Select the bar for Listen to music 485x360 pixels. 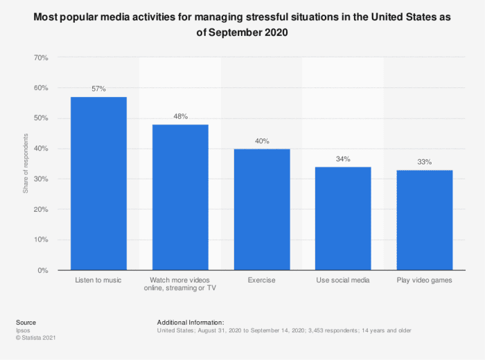[x=98, y=183]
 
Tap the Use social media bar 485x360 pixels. [x=343, y=218]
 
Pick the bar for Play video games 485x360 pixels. [x=424, y=219]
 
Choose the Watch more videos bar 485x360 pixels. [x=180, y=197]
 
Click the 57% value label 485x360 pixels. [x=98, y=89]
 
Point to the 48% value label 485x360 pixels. [x=180, y=117]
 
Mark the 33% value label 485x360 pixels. [x=424, y=162]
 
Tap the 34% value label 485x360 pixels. [x=343, y=159]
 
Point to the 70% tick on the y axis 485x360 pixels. [x=40, y=57]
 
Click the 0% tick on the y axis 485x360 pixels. [x=42, y=270]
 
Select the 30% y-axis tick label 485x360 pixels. [x=40, y=179]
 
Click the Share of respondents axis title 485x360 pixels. [x=26, y=164]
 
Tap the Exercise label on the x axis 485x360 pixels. [x=261, y=280]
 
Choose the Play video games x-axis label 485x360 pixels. [x=424, y=280]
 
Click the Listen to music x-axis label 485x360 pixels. [x=98, y=280]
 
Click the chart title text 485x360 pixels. [x=242, y=26]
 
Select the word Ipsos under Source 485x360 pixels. [x=23, y=330]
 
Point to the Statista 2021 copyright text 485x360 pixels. [x=35, y=338]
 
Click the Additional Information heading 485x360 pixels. [x=191, y=323]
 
